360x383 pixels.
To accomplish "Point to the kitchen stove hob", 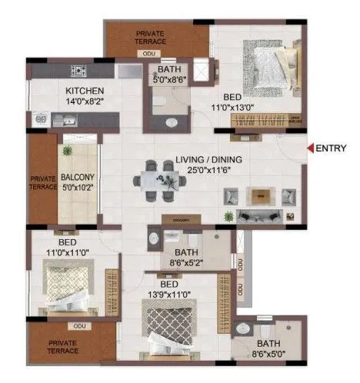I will [78, 72].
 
